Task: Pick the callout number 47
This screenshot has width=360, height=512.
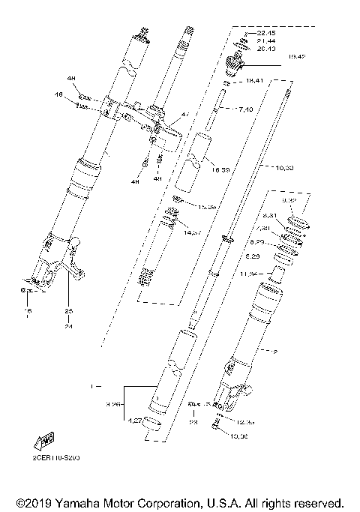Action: pyautogui.click(x=185, y=115)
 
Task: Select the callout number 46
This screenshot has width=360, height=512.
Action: pyautogui.click(x=78, y=95)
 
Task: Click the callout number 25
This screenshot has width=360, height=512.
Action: pyautogui.click(x=68, y=310)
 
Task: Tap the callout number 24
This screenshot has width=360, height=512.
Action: pyautogui.click(x=68, y=327)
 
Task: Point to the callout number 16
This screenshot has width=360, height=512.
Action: pyautogui.click(x=28, y=310)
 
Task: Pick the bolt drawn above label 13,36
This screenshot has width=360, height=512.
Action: pyautogui.click(x=215, y=426)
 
